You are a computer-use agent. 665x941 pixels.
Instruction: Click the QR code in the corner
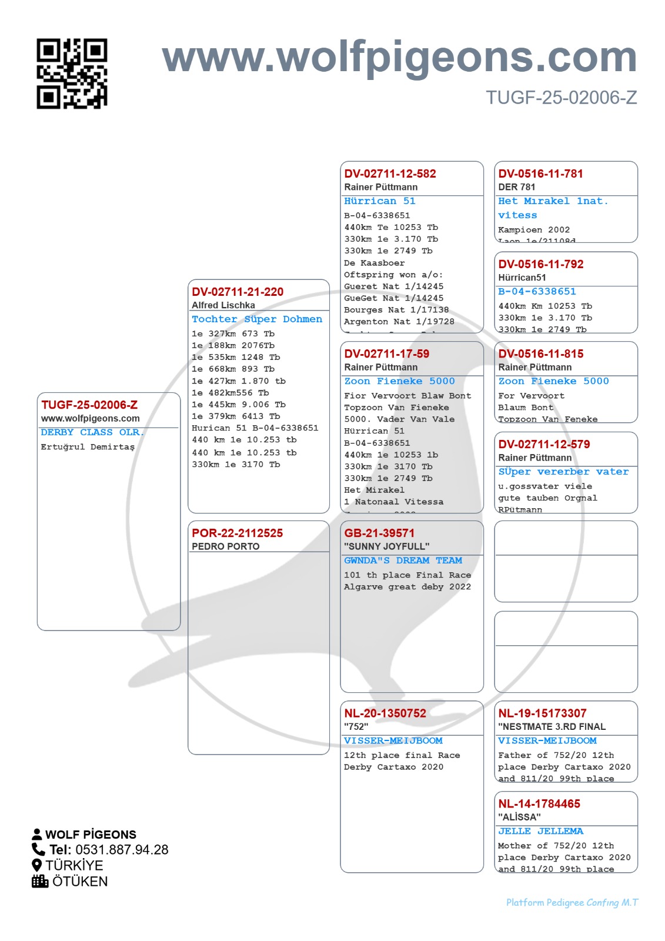72,74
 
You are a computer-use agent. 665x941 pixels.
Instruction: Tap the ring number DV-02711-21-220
238,292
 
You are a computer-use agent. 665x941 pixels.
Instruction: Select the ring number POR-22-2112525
237,533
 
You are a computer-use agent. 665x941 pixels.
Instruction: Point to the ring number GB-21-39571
379,533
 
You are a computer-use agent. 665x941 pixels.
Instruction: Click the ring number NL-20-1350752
385,713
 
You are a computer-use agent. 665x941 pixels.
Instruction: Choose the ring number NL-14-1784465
539,803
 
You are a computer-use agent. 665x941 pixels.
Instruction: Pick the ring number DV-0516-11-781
540,173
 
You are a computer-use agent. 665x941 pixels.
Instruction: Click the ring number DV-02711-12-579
544,444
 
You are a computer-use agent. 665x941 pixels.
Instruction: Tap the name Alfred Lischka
223,305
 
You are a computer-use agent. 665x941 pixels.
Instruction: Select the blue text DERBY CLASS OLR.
92,432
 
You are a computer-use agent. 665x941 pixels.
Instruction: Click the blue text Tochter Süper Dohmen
257,319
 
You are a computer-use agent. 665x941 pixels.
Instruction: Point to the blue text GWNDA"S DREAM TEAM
403,560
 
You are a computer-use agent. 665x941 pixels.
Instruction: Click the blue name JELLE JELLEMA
540,831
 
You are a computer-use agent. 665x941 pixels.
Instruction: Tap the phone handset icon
38,849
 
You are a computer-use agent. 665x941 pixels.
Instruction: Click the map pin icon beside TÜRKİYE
37,865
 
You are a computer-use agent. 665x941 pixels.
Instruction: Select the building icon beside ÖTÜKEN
40,881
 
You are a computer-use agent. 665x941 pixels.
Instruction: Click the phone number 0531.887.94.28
122,850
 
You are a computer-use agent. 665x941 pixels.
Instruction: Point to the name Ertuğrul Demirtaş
88,447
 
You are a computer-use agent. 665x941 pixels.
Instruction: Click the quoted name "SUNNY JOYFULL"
386,546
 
